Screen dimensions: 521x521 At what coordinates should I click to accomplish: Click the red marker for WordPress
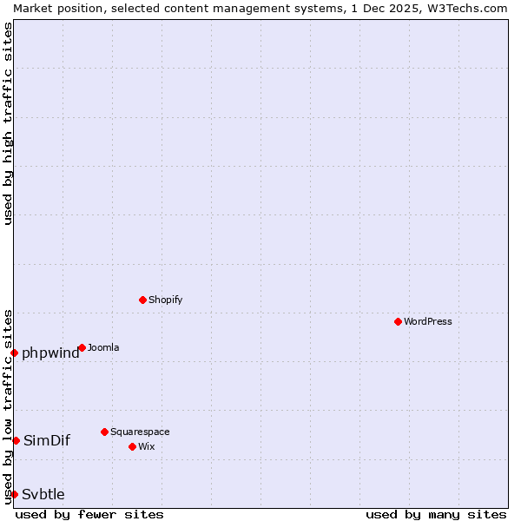(x=398, y=321)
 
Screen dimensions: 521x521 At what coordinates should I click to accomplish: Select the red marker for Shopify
(x=142, y=300)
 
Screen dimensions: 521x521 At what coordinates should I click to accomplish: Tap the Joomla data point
(x=82, y=347)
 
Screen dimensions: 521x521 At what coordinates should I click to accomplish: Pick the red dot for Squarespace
(x=104, y=432)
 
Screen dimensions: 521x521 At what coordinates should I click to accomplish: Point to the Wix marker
(x=132, y=446)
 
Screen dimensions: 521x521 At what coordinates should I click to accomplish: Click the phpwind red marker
(x=14, y=353)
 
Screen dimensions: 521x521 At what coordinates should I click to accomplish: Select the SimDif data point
(x=16, y=440)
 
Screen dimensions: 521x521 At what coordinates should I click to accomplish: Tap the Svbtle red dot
(x=14, y=494)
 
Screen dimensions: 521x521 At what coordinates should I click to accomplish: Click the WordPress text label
(x=428, y=321)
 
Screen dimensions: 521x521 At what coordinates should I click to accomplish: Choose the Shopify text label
(x=165, y=300)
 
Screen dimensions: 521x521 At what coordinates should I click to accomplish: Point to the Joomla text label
(x=103, y=347)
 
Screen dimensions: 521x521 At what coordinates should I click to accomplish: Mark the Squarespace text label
(x=140, y=432)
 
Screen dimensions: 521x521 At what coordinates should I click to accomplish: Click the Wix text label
(x=146, y=446)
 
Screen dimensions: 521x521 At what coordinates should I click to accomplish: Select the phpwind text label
(x=50, y=353)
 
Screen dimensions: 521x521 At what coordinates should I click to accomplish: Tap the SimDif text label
(x=47, y=440)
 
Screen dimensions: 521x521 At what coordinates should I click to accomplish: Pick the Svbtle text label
(x=43, y=494)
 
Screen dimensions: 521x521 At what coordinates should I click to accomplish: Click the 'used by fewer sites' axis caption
(x=89, y=514)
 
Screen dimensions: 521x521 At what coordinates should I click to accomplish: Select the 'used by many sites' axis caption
(x=436, y=514)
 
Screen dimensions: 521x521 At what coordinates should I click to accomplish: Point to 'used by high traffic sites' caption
(x=8, y=123)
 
